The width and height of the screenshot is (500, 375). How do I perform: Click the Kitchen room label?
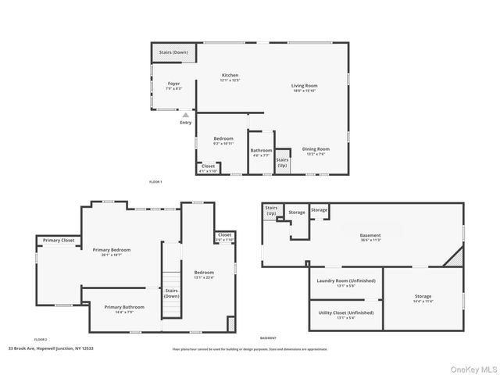coord(229,76)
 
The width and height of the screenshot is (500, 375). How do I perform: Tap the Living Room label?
coord(305,86)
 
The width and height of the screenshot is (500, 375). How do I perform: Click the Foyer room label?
coord(173,84)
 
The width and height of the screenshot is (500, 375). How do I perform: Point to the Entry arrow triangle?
coord(185,114)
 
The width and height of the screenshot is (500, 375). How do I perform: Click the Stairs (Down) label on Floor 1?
coord(173,52)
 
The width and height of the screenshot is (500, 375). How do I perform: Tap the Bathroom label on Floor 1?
coord(261,151)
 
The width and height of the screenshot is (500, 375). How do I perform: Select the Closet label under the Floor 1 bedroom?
coord(208,166)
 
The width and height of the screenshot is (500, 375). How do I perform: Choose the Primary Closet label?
coord(59,240)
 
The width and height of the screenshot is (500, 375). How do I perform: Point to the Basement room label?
coord(370,235)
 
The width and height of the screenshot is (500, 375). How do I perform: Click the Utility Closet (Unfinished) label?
coord(346,312)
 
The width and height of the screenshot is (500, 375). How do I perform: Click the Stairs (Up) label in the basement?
coord(271,210)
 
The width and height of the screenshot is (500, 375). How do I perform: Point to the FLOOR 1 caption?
coord(155,181)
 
